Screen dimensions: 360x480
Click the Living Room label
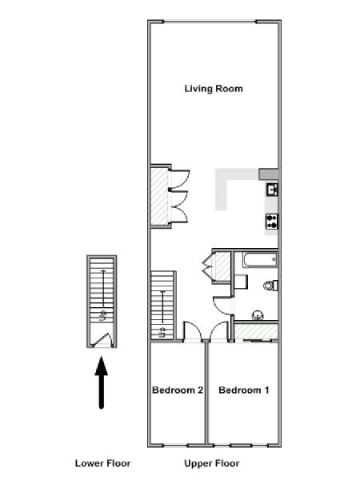[x=214, y=89]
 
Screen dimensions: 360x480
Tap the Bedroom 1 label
[x=244, y=390]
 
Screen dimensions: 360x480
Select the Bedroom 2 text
[x=178, y=390]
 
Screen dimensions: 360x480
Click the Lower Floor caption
[x=103, y=463]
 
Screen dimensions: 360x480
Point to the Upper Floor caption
[x=212, y=463]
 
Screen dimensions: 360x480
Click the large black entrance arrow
[x=102, y=382]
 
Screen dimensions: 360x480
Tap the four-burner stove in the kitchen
[x=272, y=221]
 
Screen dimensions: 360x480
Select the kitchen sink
[x=272, y=190]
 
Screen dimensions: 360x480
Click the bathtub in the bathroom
[x=260, y=259]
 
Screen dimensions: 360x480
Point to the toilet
[x=270, y=286]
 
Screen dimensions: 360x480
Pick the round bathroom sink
[x=258, y=315]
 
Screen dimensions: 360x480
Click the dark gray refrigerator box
[x=269, y=174]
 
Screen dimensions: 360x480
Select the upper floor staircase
[x=162, y=306]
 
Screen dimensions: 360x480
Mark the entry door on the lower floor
[x=102, y=339]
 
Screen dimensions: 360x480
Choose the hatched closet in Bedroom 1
[x=256, y=332]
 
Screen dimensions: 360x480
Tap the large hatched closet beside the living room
[x=159, y=197]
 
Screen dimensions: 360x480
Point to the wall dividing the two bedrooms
[x=206, y=393]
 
